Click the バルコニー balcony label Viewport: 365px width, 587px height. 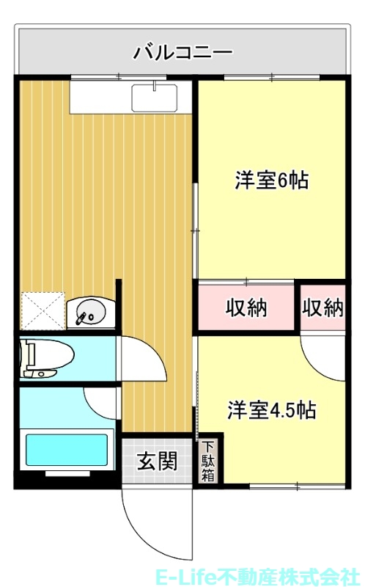coord(182,53)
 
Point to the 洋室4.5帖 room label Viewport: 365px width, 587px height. coord(271,409)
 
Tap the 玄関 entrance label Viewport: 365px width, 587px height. coord(157,462)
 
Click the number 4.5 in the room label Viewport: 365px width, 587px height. coord(284,409)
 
